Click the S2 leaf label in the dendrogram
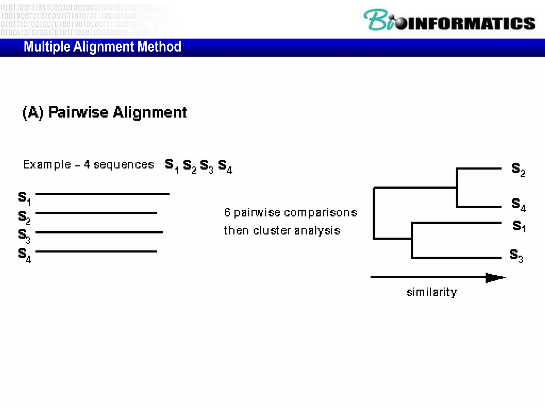tap(518, 169)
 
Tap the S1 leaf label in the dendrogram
tap(519, 226)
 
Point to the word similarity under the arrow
tap(431, 292)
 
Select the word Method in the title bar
tap(159, 47)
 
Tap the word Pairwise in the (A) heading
tap(78, 112)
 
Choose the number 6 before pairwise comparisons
tap(227, 212)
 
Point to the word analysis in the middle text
tap(317, 231)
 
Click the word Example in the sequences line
tap(47, 165)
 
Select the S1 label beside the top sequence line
tap(24, 198)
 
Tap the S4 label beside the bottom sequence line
tap(24, 255)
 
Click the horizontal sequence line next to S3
tap(99, 232)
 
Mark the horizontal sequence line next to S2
tap(96, 213)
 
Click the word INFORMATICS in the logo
tap(472, 23)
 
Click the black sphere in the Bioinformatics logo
tap(401, 23)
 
